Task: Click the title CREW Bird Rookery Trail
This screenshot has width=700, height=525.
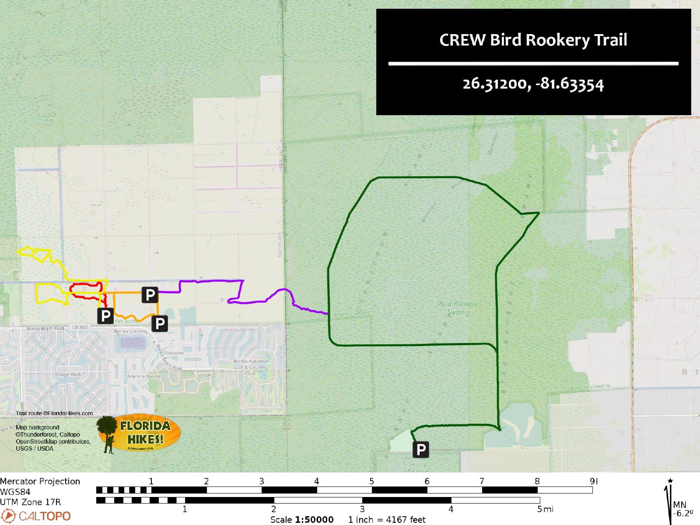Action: click(x=533, y=40)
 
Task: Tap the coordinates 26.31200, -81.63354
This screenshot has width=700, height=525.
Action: click(x=533, y=84)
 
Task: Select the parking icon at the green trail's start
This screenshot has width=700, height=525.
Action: click(x=420, y=449)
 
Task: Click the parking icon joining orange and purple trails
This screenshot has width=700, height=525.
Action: click(x=150, y=295)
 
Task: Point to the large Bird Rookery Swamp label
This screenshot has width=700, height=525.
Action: click(x=458, y=308)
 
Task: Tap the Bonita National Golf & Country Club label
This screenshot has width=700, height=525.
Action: click(x=250, y=367)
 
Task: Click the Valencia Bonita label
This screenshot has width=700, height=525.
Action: click(x=143, y=376)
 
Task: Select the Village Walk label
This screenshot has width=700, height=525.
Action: click(x=68, y=374)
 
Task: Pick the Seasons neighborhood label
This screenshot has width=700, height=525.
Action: click(x=175, y=353)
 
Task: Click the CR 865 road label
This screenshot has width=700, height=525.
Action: click(x=80, y=327)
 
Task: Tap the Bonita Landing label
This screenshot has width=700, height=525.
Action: click(x=130, y=331)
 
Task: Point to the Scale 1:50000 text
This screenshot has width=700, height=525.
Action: click(x=302, y=519)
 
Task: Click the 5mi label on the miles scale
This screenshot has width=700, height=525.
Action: click(x=545, y=509)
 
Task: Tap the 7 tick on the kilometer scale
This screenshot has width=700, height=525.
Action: click(x=482, y=481)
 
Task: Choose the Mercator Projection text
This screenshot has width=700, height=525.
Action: click(x=40, y=481)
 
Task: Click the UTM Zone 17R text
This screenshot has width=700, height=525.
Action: click(x=31, y=502)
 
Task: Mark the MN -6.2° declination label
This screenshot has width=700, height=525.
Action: click(x=683, y=509)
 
